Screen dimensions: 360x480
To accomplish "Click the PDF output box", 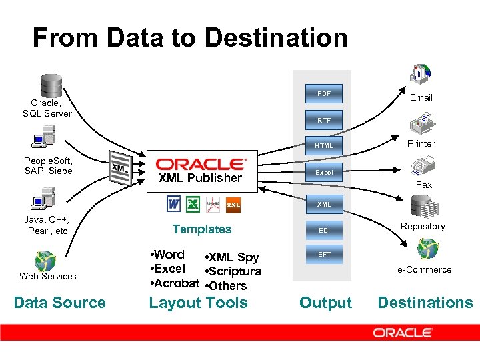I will click(324, 93).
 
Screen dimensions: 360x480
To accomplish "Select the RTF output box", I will click(324, 121).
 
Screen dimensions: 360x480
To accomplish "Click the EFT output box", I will click(324, 255).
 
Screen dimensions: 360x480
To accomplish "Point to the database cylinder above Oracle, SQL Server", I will click(51, 85).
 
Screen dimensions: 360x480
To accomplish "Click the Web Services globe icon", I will click(45, 261).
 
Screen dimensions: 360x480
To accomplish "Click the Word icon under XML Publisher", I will click(174, 203).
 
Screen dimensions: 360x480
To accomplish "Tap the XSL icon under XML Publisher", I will click(233, 205).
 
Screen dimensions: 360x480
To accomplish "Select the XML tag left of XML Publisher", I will click(120, 169).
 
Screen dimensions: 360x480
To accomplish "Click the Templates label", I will click(202, 229).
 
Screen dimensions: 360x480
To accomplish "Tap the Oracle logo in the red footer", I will click(403, 332).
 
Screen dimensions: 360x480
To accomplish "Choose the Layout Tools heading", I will click(198, 303).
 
